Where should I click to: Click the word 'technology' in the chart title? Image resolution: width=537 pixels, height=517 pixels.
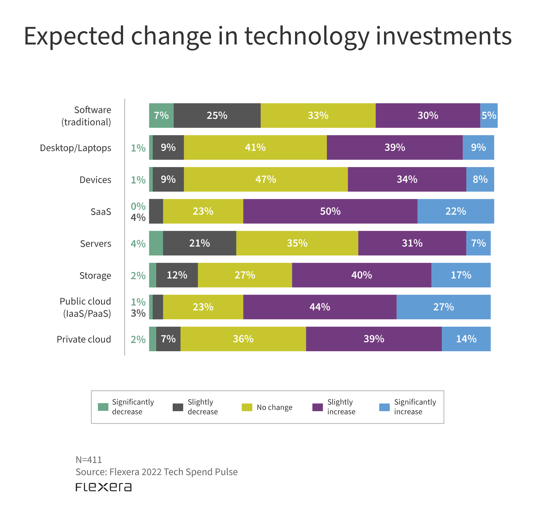coord(307,36)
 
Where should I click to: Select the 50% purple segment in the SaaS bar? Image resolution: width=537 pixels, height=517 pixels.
coord(330,211)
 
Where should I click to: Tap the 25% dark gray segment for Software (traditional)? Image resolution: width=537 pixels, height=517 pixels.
coord(217,115)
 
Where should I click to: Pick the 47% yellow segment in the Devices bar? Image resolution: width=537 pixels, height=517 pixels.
coord(266,179)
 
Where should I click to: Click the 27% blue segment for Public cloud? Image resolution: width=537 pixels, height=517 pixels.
coord(443,307)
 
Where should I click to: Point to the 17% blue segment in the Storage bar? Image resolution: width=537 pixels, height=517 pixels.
coord(461,275)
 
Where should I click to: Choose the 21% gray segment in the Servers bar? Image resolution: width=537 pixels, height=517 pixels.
coord(199,243)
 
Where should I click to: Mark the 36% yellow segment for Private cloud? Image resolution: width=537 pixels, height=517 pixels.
coord(243,339)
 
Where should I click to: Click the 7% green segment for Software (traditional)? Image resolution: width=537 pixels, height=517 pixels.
coord(161,115)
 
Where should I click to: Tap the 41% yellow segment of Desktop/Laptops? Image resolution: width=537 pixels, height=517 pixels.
coord(255,147)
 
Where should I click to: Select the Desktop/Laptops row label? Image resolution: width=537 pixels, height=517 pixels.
coord(76,148)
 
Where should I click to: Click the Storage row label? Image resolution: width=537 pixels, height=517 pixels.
coord(95,275)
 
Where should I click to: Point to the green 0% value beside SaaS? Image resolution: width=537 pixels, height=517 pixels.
coord(138,206)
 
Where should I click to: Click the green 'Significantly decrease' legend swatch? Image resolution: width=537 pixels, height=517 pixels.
coord(103,407)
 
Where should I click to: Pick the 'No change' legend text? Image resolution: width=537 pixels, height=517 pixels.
coord(275,408)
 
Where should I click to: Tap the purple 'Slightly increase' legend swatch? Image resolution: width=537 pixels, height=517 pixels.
coord(318,407)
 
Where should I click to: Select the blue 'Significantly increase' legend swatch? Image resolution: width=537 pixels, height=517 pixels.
coord(384,407)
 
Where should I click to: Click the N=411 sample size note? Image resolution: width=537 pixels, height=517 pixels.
coord(89,460)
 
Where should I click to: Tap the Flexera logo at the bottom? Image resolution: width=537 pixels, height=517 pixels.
coord(104,487)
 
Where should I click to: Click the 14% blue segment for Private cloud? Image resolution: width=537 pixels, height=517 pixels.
coord(466,339)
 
